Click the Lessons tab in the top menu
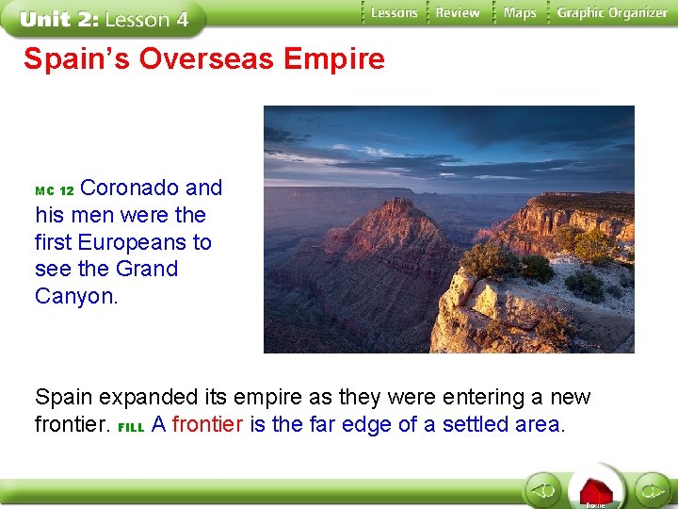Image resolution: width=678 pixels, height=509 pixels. click(x=393, y=13)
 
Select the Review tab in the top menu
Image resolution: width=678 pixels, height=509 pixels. click(x=458, y=13)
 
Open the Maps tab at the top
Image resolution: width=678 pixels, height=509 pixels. click(x=519, y=13)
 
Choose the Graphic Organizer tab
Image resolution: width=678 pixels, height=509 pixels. click(x=611, y=13)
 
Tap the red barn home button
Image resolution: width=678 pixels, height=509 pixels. click(x=596, y=489)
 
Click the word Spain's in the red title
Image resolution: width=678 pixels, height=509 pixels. click(x=77, y=59)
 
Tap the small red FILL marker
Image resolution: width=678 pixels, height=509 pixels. click(x=132, y=427)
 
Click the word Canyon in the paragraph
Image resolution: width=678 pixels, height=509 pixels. click(x=74, y=296)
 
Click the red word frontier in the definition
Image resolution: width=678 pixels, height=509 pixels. click(x=209, y=424)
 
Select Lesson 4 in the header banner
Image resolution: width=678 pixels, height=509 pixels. click(x=147, y=19)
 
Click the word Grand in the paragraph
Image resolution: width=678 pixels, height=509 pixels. click(x=146, y=269)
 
